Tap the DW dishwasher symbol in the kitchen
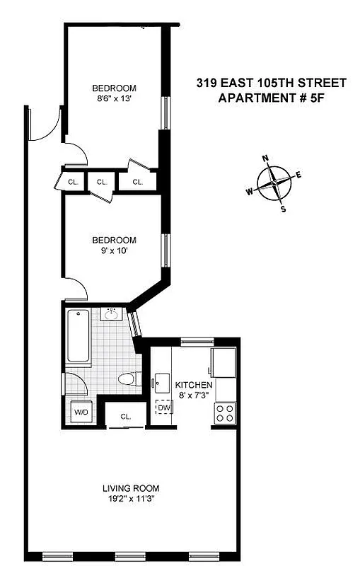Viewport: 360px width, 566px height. pyautogui.click(x=164, y=408)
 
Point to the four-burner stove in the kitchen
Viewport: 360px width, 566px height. pyautogui.click(x=226, y=412)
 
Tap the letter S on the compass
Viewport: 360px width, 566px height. pyautogui.click(x=284, y=209)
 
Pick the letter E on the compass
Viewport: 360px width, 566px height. pyautogui.click(x=298, y=175)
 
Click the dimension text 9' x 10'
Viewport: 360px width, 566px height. pyautogui.click(x=114, y=250)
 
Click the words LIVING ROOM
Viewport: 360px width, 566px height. pyautogui.click(x=130, y=487)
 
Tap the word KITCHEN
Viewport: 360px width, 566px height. pyautogui.click(x=194, y=384)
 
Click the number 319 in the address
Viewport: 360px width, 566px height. pyautogui.click(x=207, y=83)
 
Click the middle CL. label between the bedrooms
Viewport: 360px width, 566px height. pyautogui.click(x=102, y=182)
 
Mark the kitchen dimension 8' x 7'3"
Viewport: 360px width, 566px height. pyautogui.click(x=194, y=395)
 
